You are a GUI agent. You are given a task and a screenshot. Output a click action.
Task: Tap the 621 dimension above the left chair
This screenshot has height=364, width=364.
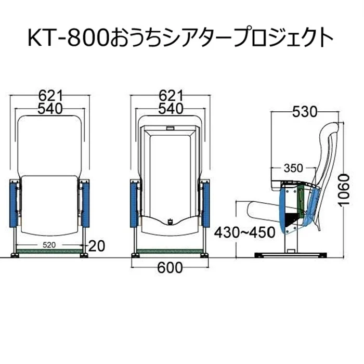pos(50,95)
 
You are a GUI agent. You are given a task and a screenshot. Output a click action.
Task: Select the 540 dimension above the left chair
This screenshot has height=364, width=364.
pos(50,109)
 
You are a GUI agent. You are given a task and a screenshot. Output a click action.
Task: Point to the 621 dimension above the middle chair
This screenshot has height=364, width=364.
pos(171,95)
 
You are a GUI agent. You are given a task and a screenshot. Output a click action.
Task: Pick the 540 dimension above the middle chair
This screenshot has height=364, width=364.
pos(171,109)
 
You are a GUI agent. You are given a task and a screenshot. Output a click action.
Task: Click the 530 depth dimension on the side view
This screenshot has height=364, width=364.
pos(305,112)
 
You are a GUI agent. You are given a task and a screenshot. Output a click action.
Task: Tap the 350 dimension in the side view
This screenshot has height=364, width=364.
pos(293,168)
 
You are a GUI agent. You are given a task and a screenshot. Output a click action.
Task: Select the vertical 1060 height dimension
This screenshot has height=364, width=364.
pos(344,190)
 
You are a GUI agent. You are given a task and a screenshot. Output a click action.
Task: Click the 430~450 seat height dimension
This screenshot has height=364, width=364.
pos(244,232)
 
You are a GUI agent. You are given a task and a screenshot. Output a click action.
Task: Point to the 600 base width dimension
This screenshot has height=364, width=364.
pos(170,268)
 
